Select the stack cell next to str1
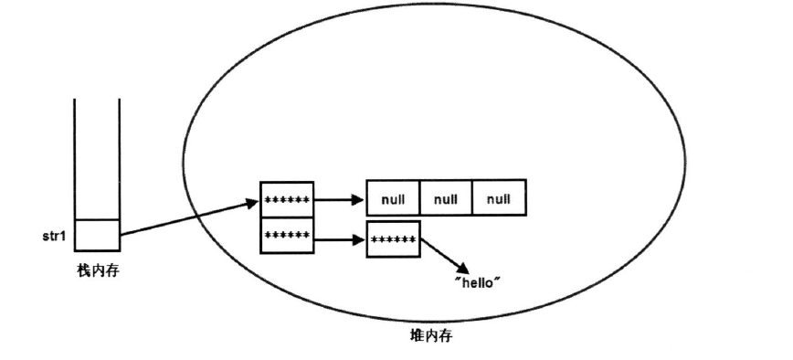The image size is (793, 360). (97, 235)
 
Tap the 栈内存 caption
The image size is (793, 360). (97, 270)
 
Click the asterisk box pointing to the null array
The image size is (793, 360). (286, 198)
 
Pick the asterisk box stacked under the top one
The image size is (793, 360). (286, 235)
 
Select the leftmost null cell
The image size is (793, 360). (393, 197)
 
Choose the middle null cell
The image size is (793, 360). (446, 197)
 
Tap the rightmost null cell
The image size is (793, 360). (499, 197)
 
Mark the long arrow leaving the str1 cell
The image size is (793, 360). (187, 217)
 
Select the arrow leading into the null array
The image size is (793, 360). (339, 197)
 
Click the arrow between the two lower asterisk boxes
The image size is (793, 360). (339, 238)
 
